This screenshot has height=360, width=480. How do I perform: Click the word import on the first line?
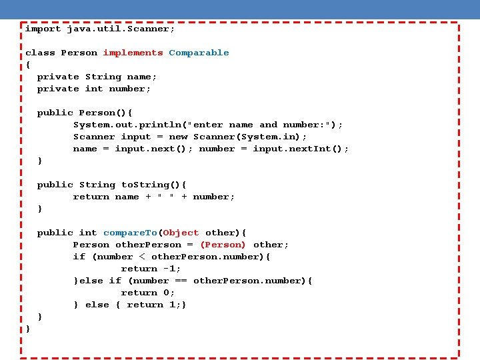(x=43, y=29)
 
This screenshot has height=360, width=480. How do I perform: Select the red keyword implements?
(x=133, y=53)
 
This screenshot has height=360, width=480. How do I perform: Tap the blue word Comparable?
(x=199, y=53)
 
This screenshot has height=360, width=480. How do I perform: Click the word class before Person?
(x=40, y=53)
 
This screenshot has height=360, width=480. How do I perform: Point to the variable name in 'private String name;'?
(x=141, y=77)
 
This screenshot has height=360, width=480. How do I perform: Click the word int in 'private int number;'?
(x=94, y=89)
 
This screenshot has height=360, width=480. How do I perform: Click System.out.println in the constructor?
(x=127, y=125)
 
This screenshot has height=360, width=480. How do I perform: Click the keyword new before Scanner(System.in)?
(x=178, y=137)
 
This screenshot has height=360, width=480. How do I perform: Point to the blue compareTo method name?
(x=129, y=233)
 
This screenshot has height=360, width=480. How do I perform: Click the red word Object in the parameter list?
(x=181, y=233)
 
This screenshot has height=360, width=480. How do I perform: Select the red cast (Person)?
(x=223, y=245)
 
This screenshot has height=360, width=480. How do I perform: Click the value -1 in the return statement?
(x=171, y=269)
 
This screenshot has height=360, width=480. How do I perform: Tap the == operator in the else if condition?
(x=181, y=281)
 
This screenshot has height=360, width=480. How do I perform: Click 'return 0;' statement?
(x=148, y=293)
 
